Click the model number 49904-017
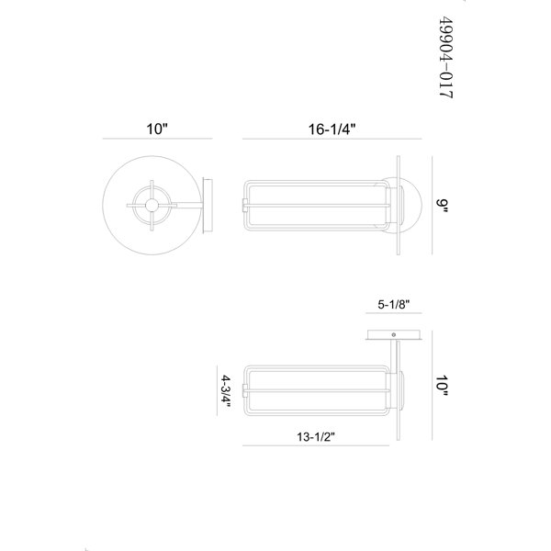click(446, 58)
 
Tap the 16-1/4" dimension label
click(332, 129)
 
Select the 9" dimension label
click(443, 206)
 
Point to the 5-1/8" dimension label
click(394, 304)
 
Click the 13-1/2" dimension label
click(316, 437)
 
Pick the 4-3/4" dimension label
click(226, 391)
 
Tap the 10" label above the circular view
click(157, 129)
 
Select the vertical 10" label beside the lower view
click(442, 386)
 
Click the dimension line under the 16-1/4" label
click(332, 139)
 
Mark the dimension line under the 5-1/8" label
click(394, 312)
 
